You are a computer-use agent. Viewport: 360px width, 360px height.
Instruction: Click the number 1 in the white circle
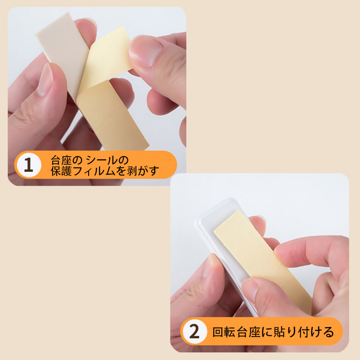click(29, 165)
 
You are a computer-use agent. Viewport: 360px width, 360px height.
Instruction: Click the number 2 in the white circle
click(194, 332)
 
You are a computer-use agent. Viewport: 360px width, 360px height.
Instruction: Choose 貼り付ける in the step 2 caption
click(304, 332)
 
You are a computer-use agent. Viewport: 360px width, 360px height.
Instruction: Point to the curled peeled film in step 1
click(107, 58)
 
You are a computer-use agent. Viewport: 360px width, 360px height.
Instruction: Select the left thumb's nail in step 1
click(45, 79)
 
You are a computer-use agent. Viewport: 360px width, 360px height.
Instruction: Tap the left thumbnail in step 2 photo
click(208, 266)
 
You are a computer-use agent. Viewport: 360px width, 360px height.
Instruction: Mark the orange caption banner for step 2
click(262, 332)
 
